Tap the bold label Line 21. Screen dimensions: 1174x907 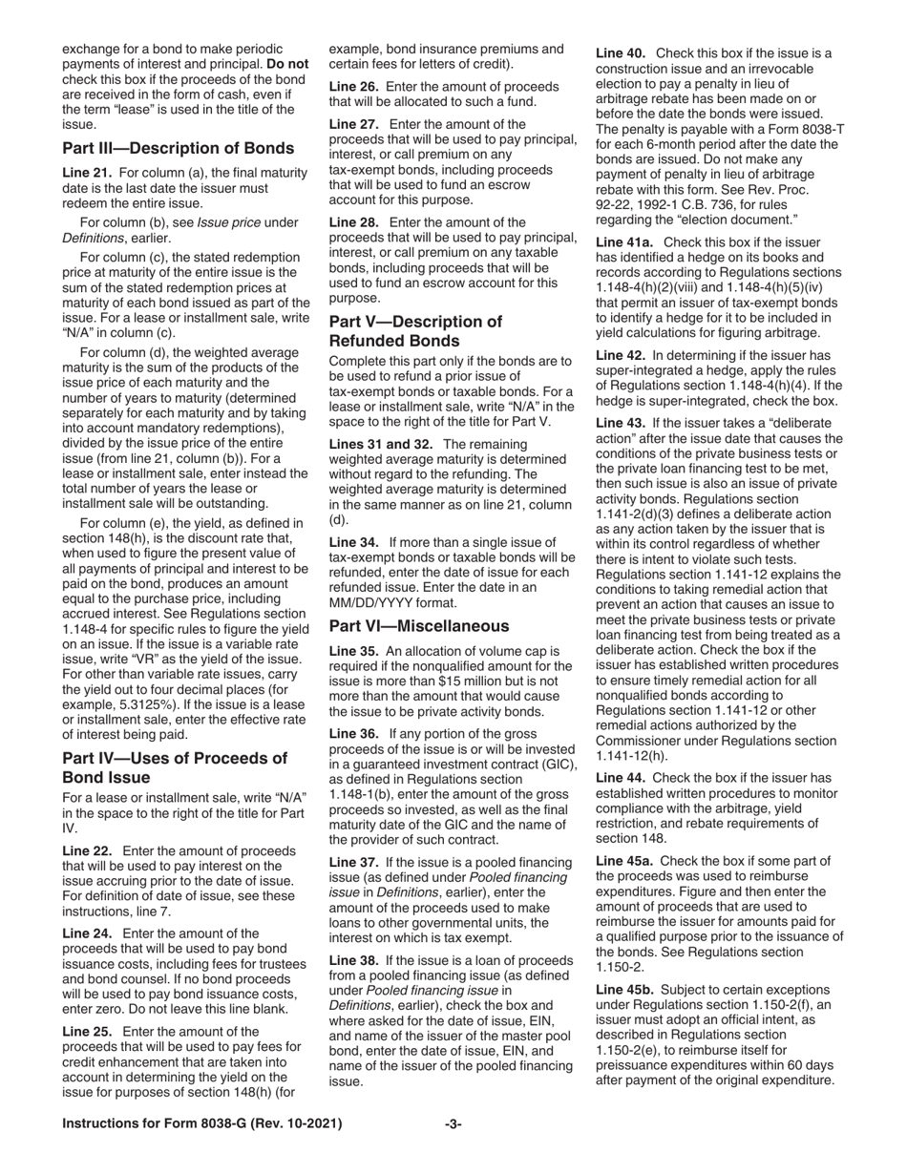coord(87,173)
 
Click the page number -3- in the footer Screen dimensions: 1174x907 coord(453,1124)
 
